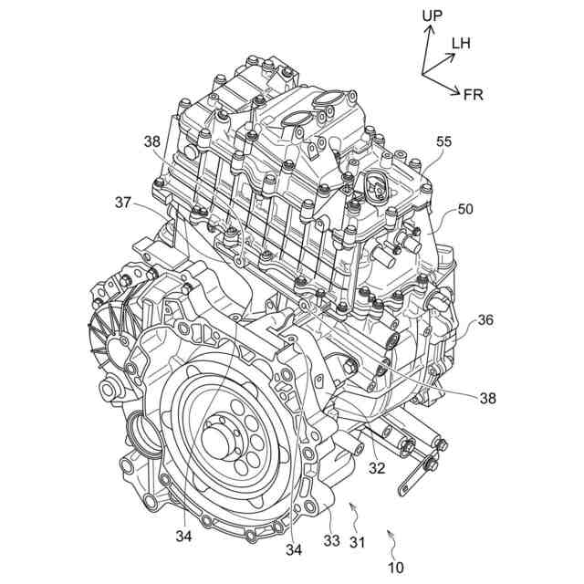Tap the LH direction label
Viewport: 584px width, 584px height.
[x=462, y=42]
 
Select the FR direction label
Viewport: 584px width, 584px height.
[x=474, y=94]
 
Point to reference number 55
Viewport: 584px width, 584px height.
[x=443, y=142]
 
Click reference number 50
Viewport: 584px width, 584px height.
[x=465, y=210]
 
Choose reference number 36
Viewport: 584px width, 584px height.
[x=485, y=319]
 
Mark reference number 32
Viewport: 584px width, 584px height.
[x=377, y=468]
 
